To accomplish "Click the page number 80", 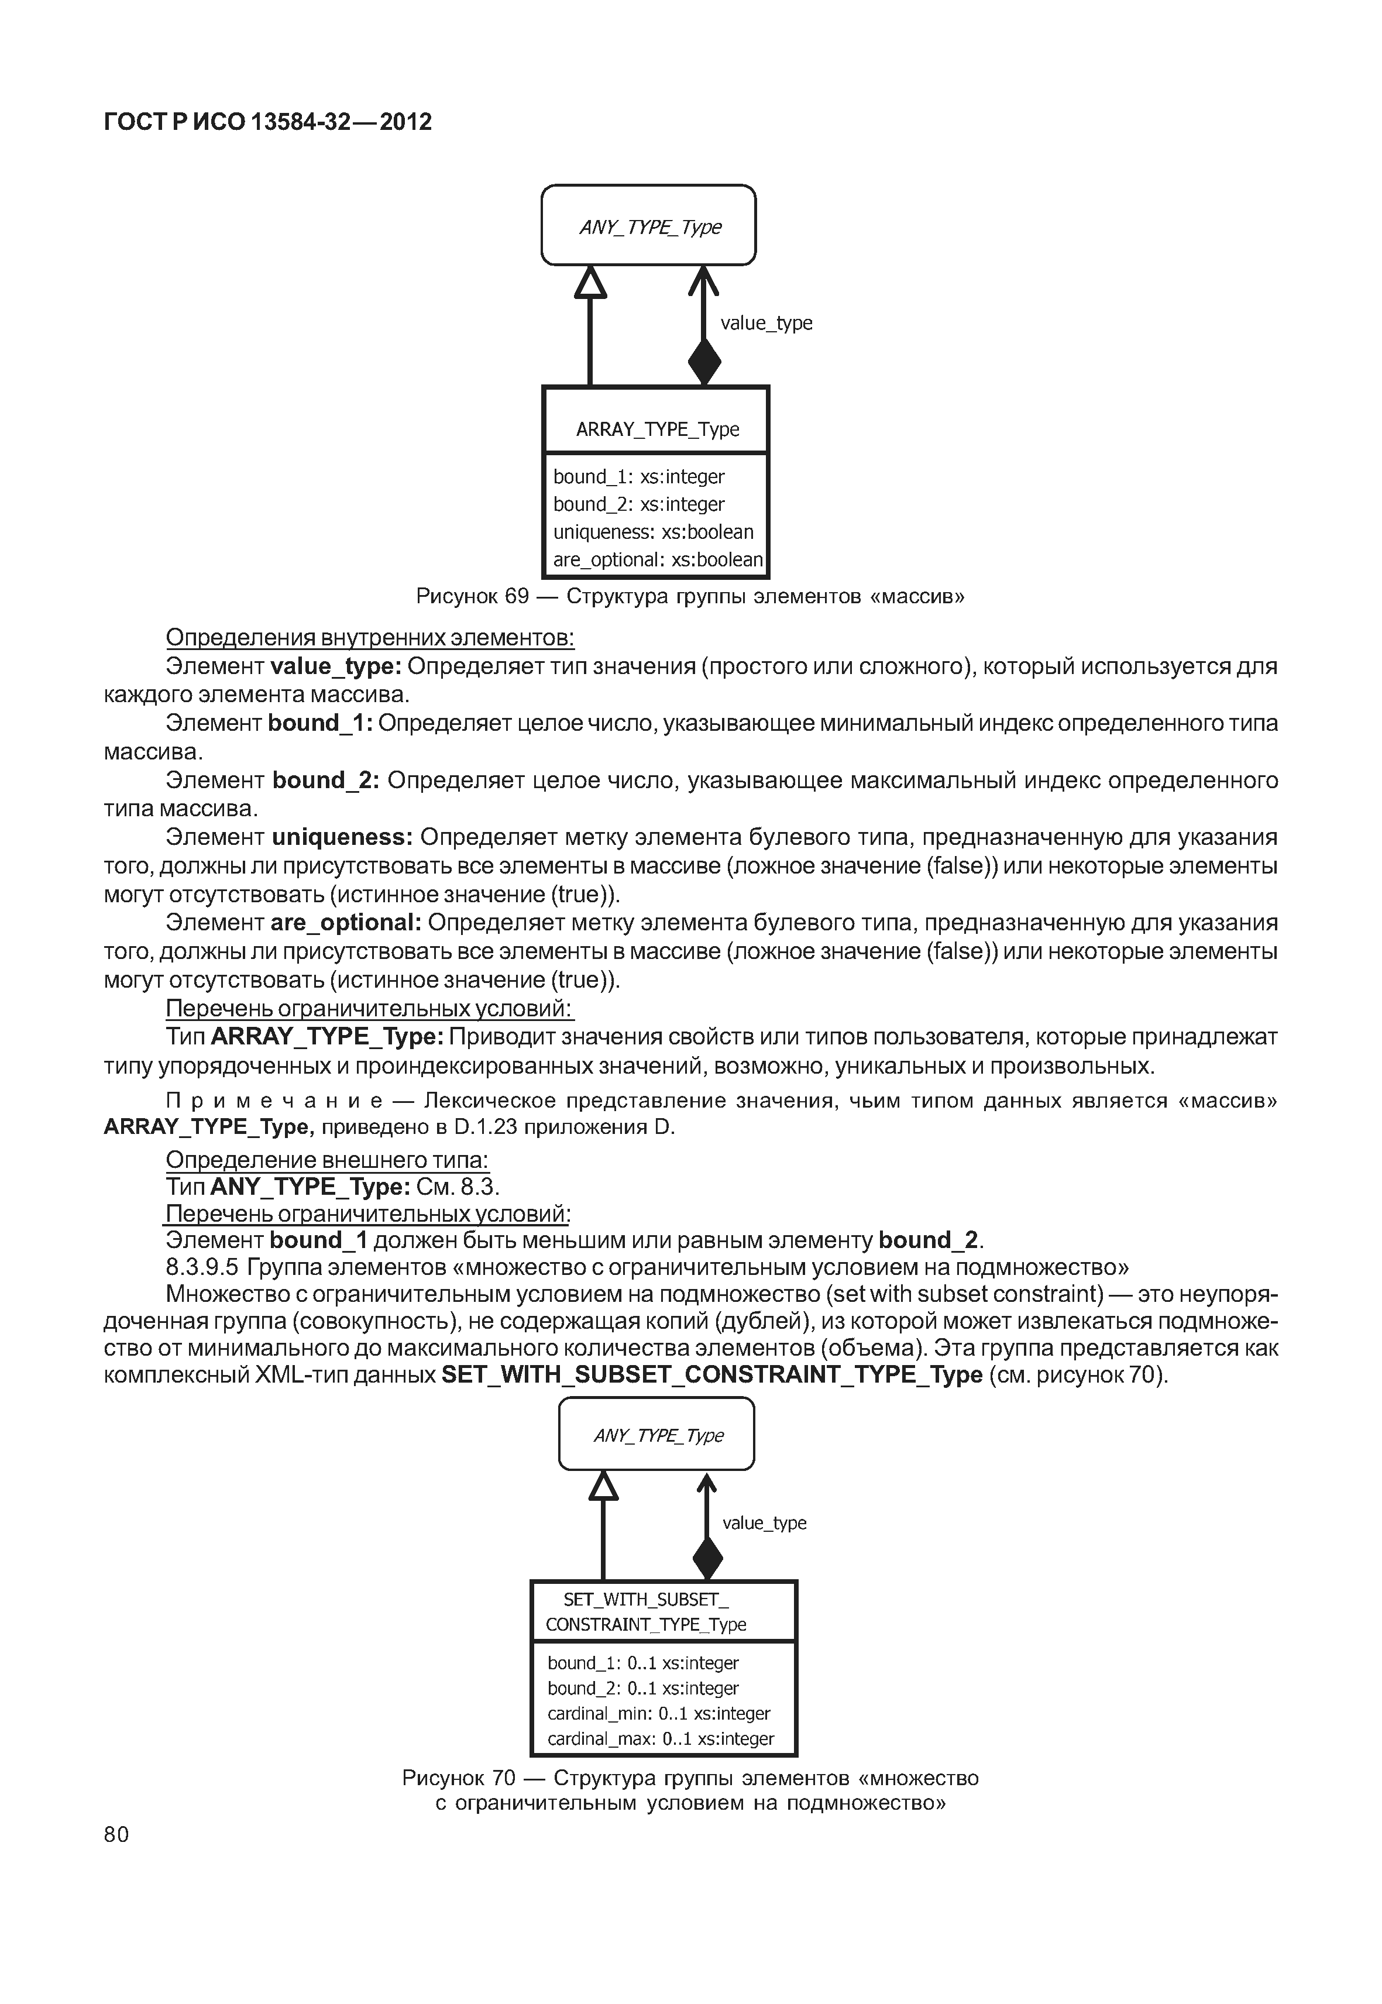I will pyautogui.click(x=116, y=1834).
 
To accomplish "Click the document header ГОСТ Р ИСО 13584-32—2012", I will pyautogui.click(x=267, y=122).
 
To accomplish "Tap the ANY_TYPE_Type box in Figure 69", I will pyautogui.click(x=648, y=226).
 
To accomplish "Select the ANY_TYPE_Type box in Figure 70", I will pyautogui.click(x=656, y=1436).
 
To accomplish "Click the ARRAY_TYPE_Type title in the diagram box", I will pyautogui.click(x=656, y=429).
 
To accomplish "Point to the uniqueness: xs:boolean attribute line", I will pyautogui.click(x=653, y=532).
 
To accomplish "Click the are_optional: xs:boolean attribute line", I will pyautogui.click(x=657, y=559).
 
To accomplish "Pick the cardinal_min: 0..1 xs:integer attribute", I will pyautogui.click(x=658, y=1713).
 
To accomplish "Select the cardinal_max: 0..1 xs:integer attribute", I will pyautogui.click(x=660, y=1738).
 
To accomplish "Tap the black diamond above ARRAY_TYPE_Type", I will pyautogui.click(x=704, y=361).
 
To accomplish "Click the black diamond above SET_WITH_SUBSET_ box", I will pyautogui.click(x=707, y=1559).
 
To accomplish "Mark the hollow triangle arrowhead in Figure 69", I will pyautogui.click(x=590, y=283).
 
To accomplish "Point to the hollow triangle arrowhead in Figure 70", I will pyautogui.click(x=604, y=1486).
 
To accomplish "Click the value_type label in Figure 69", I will pyautogui.click(x=766, y=323).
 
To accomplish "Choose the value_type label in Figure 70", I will pyautogui.click(x=764, y=1522).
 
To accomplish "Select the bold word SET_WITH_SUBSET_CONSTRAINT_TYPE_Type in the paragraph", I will pyautogui.click(x=712, y=1374).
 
